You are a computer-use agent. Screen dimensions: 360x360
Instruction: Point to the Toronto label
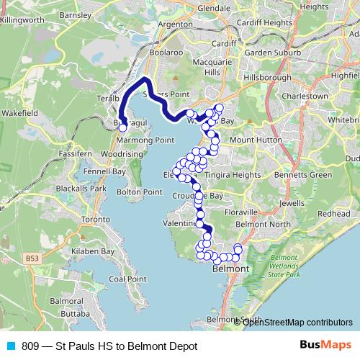[98, 219]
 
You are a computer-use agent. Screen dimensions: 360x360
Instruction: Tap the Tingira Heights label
[232, 175]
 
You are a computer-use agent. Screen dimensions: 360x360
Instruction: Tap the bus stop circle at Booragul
[122, 127]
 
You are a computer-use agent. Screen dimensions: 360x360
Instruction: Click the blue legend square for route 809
[10, 346]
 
